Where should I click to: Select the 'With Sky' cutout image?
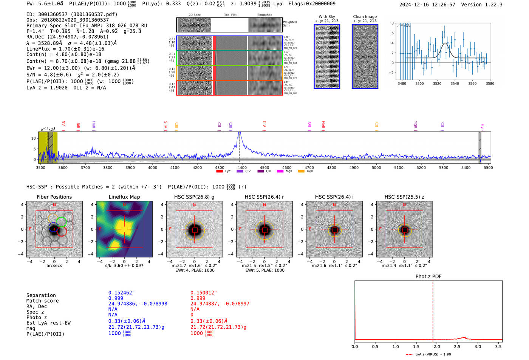(327, 56)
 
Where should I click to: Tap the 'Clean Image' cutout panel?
(365, 56)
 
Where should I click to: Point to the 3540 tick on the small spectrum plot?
(455, 83)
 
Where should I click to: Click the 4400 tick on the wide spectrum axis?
(242, 168)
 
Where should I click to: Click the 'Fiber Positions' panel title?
(54, 197)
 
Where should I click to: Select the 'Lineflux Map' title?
(124, 197)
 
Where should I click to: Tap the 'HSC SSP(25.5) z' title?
(404, 197)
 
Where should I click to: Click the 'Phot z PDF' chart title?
(428, 277)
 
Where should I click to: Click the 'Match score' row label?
(42, 301)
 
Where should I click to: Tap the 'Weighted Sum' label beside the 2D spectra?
(290, 24)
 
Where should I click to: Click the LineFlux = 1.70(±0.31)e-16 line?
(65, 49)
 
